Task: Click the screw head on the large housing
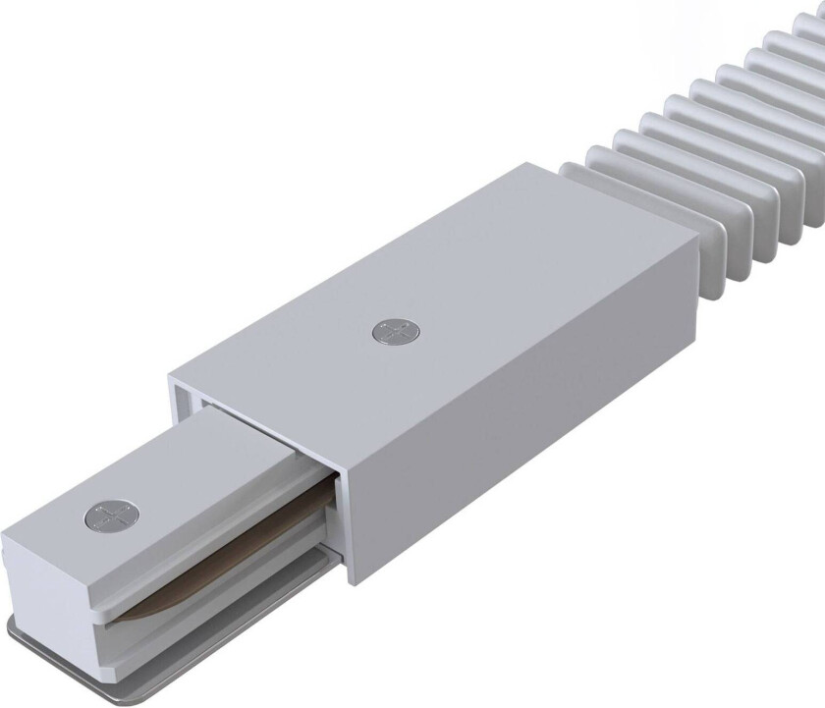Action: [391, 333]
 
